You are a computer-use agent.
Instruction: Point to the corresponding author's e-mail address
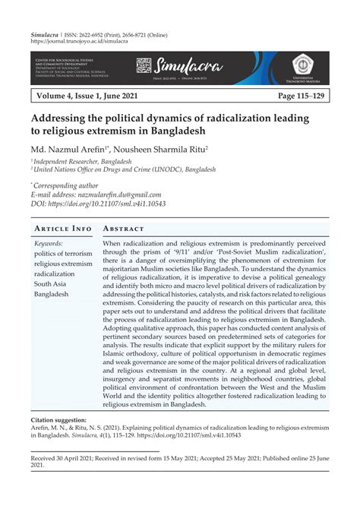pyautogui.click(x=122, y=194)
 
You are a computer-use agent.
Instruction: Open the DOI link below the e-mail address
pyautogui.click(x=111, y=204)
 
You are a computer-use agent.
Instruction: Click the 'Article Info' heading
pyautogui.click(x=62, y=229)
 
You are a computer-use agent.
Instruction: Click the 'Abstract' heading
pyautogui.click(x=125, y=229)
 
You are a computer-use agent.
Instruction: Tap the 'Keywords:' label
pyautogui.click(x=49, y=242)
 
